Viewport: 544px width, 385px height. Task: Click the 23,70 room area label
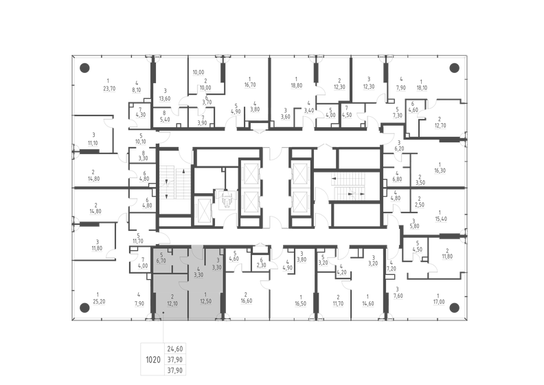click(108, 88)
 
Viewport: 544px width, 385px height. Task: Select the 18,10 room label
click(422, 88)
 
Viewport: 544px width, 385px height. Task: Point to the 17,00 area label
click(439, 301)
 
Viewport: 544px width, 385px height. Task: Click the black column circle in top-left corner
click(84, 67)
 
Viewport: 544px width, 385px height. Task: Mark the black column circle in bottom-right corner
click(453, 306)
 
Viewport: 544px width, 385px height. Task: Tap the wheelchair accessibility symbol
click(225, 199)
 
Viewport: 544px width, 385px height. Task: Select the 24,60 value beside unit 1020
click(177, 349)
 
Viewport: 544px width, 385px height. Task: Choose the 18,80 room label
click(295, 88)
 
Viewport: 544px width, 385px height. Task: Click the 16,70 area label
click(249, 85)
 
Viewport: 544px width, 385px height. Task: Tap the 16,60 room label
click(245, 301)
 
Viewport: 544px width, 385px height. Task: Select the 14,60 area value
click(367, 301)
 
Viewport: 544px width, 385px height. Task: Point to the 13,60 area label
click(166, 98)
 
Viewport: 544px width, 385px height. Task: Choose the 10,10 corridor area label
click(141, 144)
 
